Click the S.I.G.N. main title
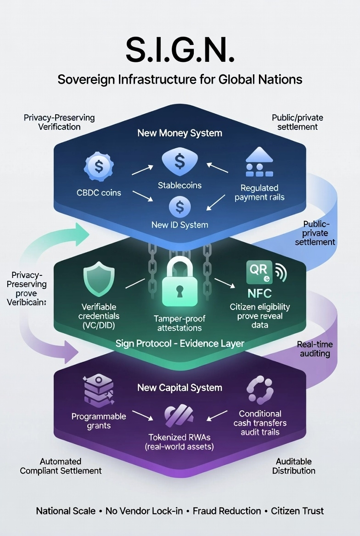[180, 50]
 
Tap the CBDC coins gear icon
[98, 166]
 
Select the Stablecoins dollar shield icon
[180, 163]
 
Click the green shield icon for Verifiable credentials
[99, 281]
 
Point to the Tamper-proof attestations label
[180, 324]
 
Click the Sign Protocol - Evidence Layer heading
[180, 343]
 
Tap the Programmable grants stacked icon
[98, 391]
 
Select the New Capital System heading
[180, 388]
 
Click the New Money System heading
[180, 133]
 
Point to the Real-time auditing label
[315, 349]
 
